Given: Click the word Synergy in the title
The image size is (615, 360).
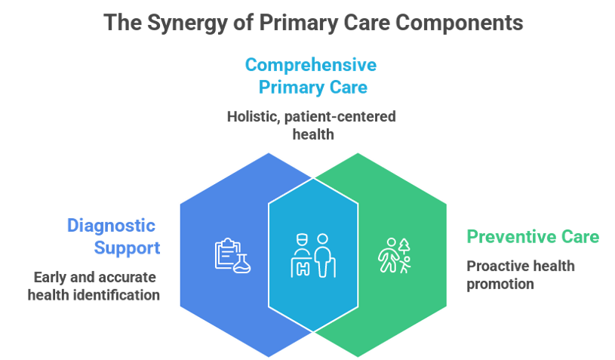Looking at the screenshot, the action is pyautogui.click(x=187, y=23).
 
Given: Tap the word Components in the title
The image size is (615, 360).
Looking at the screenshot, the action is pyautogui.click(x=459, y=23).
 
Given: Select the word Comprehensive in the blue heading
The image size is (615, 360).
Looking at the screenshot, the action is pyautogui.click(x=311, y=65).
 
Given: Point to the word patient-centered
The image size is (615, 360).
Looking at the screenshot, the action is pyautogui.click(x=340, y=117).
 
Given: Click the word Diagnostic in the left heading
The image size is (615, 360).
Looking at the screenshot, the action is pyautogui.click(x=112, y=226).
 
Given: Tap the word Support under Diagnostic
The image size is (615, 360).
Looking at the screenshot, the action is pyautogui.click(x=127, y=248).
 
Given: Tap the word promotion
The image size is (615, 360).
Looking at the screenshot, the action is pyautogui.click(x=500, y=284).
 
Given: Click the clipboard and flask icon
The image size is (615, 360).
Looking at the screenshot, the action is pyautogui.click(x=232, y=255).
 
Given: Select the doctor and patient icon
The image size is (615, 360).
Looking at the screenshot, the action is pyautogui.click(x=313, y=255).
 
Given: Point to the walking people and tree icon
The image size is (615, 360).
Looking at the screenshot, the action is pyautogui.click(x=395, y=255).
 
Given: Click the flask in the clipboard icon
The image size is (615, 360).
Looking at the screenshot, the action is pyautogui.click(x=242, y=263).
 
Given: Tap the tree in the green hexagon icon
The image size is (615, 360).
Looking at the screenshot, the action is pyautogui.click(x=404, y=246).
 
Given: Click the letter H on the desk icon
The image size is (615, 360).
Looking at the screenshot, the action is pyautogui.click(x=303, y=269).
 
